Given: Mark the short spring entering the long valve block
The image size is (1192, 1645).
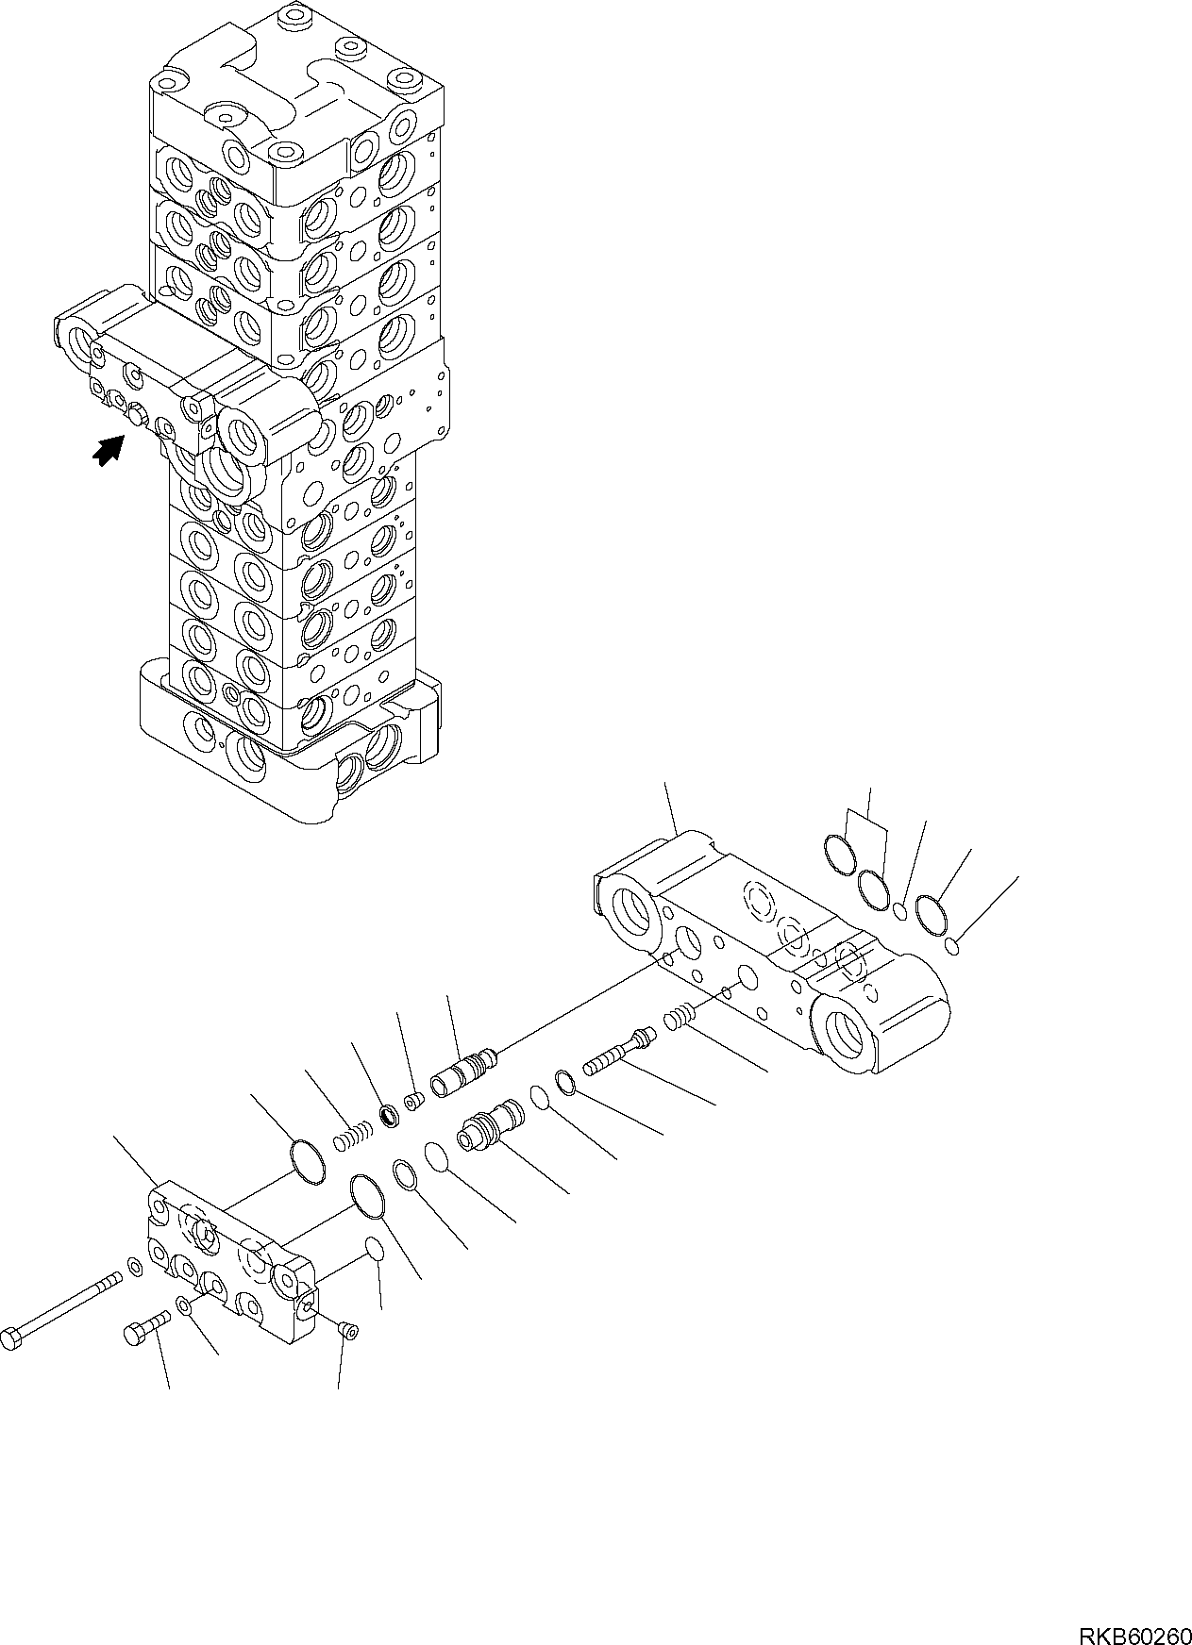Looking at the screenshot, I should (680, 1018).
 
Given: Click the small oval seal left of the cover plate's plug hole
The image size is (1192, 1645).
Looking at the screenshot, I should (374, 1249).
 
